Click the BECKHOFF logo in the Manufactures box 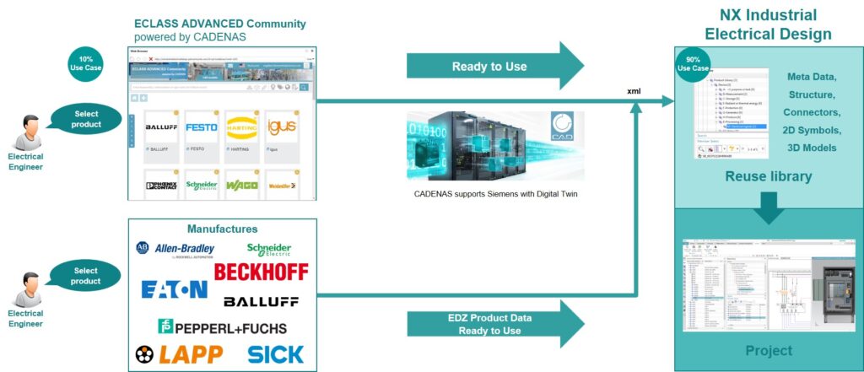point(261,272)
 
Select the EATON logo point(174,290)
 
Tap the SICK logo point(276,354)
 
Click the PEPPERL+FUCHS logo point(223,327)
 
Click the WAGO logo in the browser point(241,185)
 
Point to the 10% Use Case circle point(86,63)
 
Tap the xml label point(637,89)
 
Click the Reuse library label point(769,176)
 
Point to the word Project point(768,350)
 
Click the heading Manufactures point(223,229)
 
